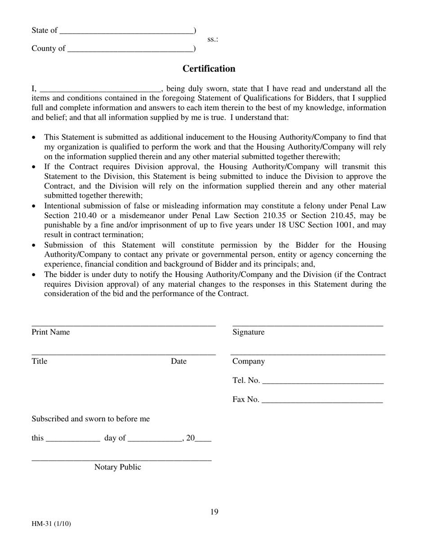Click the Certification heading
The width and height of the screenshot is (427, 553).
point(209,69)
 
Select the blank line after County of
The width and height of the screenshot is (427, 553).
point(130,49)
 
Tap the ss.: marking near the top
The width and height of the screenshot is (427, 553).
point(213,40)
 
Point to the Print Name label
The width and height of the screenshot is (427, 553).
point(50,332)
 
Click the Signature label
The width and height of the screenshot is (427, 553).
point(248,332)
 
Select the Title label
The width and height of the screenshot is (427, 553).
point(39,361)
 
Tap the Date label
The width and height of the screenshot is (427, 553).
point(178,361)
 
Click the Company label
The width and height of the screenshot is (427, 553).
point(249,361)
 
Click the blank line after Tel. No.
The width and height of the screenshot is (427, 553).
point(322,382)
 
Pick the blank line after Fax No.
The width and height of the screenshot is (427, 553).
point(322,401)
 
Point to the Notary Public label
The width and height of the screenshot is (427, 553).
point(117,467)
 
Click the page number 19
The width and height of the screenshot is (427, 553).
point(214,512)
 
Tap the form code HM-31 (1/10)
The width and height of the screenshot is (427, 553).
point(51,524)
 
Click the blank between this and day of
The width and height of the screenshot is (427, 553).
point(73,439)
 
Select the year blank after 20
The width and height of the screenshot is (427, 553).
point(203,439)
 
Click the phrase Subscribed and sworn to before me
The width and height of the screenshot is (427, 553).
point(90,419)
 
